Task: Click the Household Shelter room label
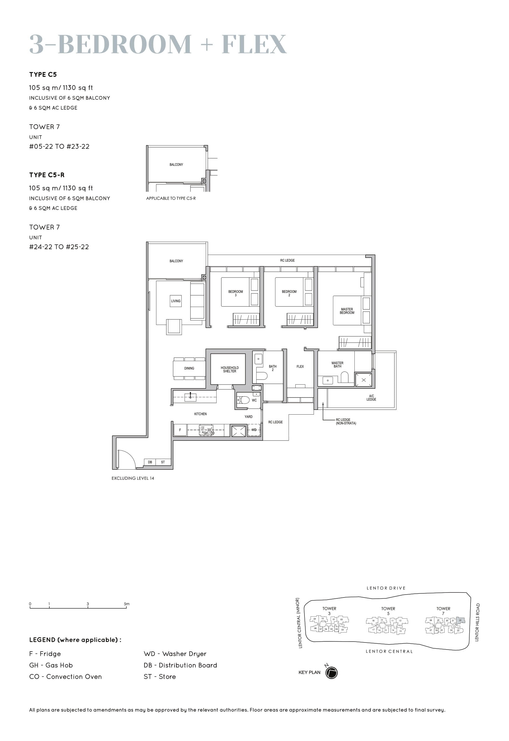(229, 369)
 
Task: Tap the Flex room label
(300, 366)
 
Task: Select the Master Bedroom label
(347, 311)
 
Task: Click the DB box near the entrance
(150, 462)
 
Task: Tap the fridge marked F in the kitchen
(180, 430)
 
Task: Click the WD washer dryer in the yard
(254, 430)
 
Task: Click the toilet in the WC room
(244, 400)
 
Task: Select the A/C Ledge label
(371, 398)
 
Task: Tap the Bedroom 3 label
(235, 293)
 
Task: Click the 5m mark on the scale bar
(127, 604)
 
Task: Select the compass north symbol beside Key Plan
(331, 672)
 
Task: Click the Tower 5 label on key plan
(388, 610)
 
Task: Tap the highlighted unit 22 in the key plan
(460, 620)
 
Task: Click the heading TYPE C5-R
(47, 175)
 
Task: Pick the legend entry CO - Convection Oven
(65, 677)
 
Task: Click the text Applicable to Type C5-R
(171, 198)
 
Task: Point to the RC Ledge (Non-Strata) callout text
(345, 421)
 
